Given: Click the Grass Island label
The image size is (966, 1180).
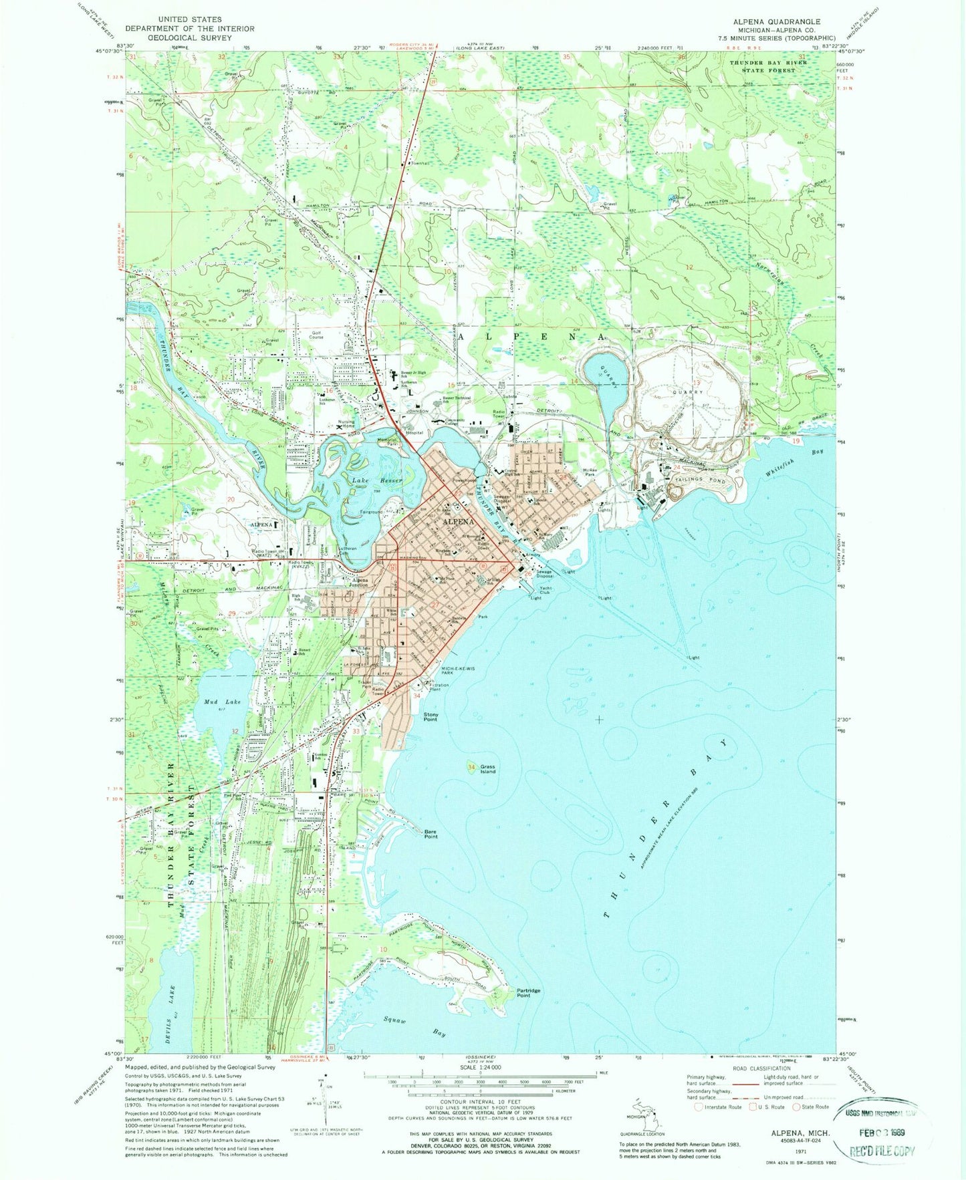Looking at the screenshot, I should [x=488, y=768].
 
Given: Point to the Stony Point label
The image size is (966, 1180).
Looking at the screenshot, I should [x=431, y=717].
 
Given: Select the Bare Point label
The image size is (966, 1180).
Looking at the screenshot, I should [x=431, y=834].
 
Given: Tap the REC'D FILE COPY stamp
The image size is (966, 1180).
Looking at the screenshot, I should [x=881, y=1151].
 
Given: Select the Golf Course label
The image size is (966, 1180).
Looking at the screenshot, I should [x=316, y=335].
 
